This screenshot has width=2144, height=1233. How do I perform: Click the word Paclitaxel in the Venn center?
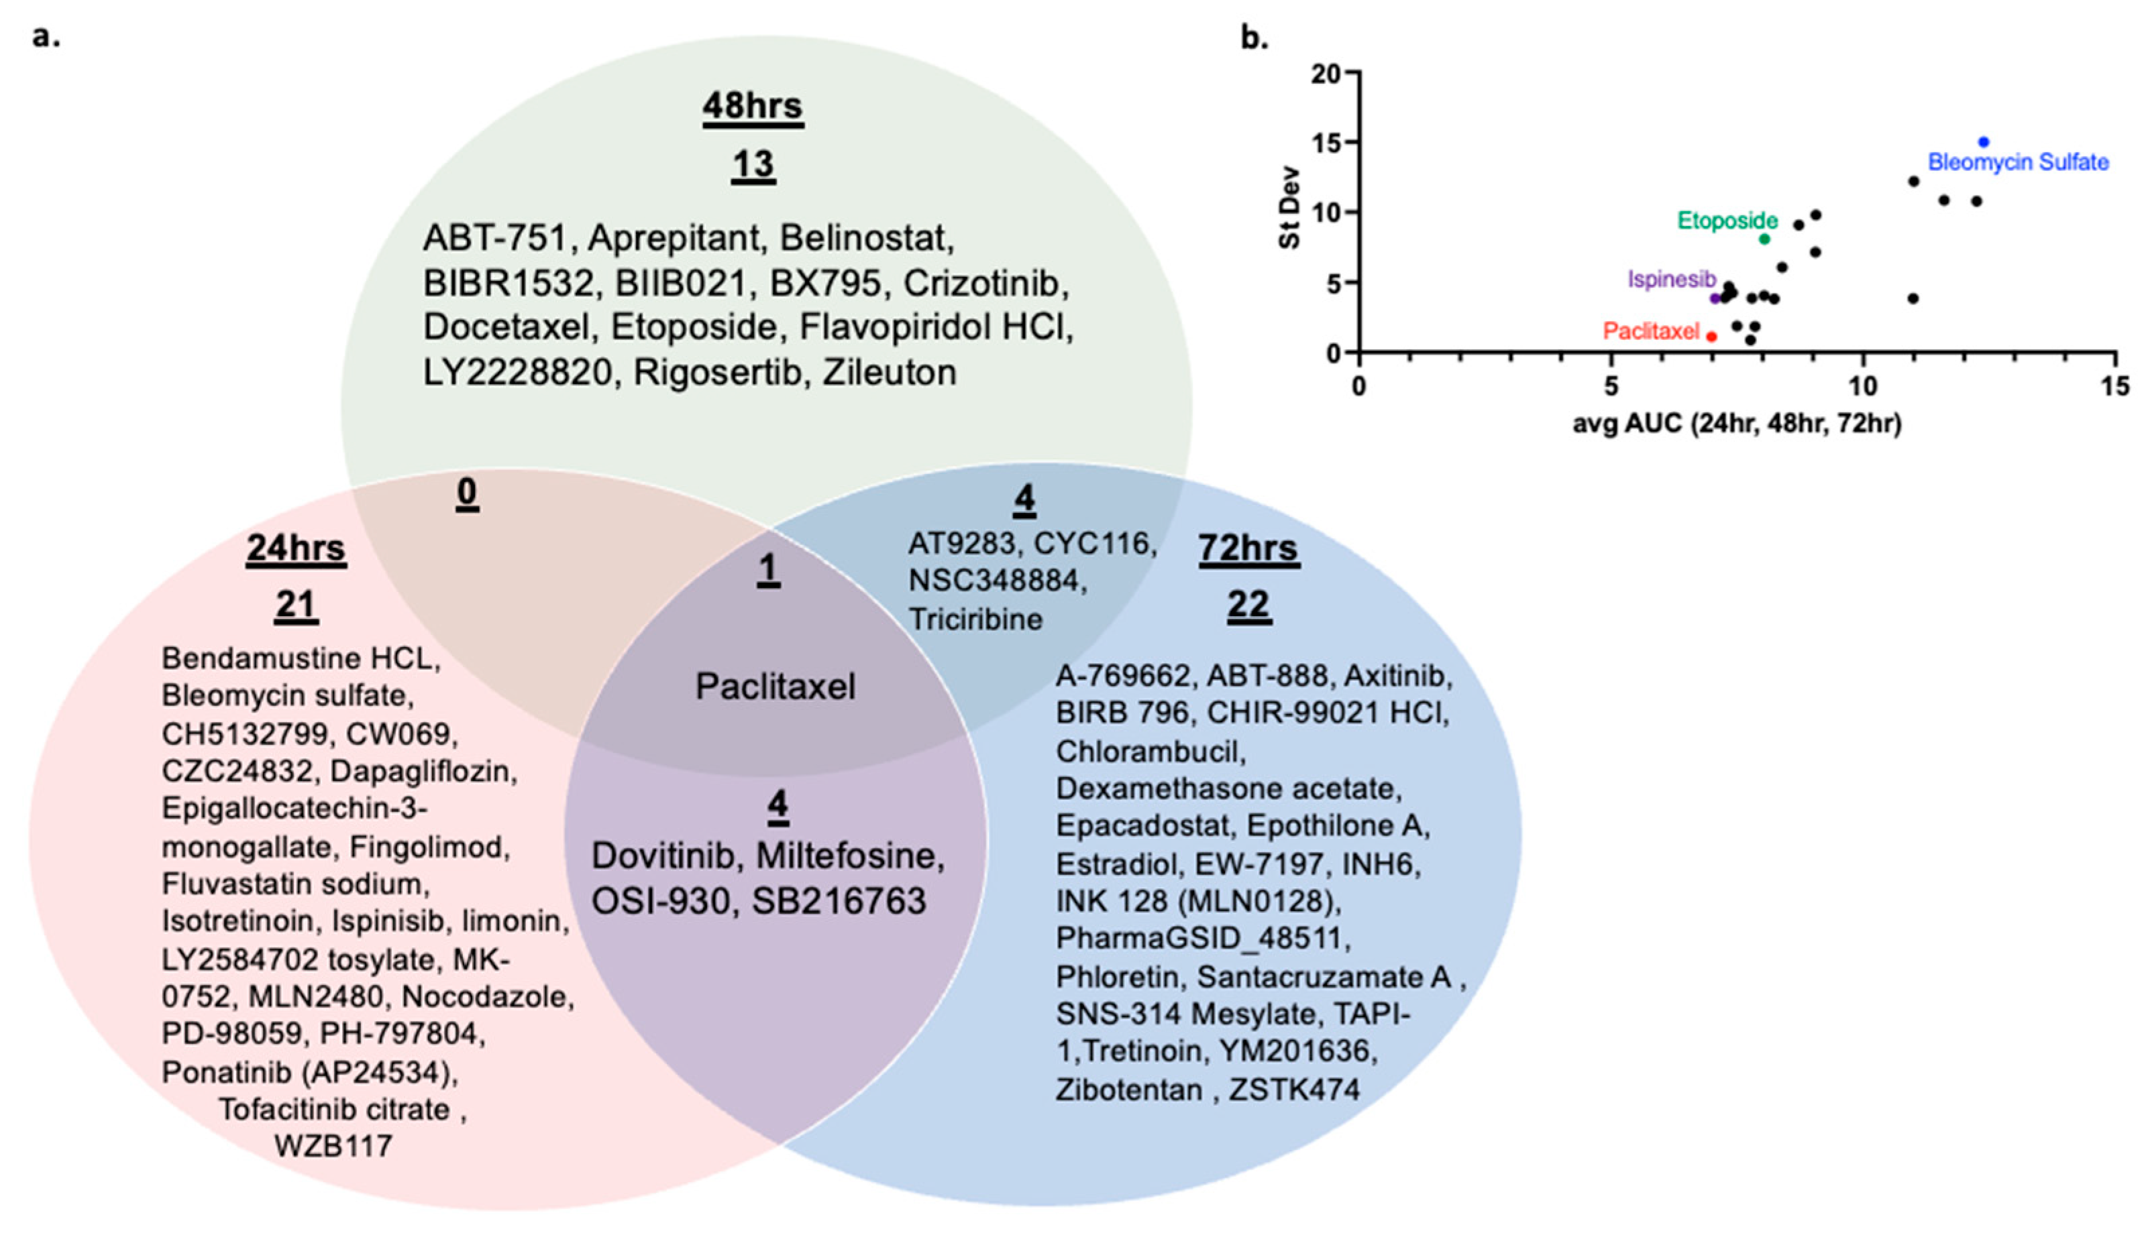pos(774,687)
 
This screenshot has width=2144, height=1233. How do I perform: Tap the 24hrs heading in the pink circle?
pos(296,548)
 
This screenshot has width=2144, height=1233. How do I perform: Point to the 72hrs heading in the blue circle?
pos(1248,548)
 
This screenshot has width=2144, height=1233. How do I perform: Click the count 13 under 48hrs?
pos(753,164)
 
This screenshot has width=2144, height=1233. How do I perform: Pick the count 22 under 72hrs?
pos(1248,605)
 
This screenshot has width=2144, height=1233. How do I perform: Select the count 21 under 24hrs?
pos(296,605)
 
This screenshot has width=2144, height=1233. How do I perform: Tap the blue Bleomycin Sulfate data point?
pos(1983,142)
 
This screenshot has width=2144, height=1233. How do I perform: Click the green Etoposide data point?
pos(1764,239)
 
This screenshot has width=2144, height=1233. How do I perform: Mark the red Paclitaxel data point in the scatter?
pos(1711,336)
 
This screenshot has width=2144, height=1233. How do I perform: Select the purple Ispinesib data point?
pos(1715,298)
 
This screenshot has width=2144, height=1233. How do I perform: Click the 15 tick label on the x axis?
pos(2114,387)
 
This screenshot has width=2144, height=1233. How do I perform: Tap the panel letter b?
pos(1254,38)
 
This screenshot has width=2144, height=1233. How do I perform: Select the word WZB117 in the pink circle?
pos(333,1146)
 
